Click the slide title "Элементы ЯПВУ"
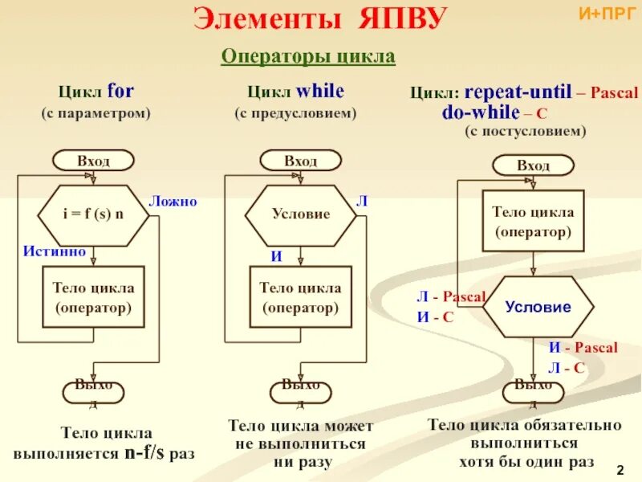pos(319,19)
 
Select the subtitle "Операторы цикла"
pos(308,57)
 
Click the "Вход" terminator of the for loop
pos(94,161)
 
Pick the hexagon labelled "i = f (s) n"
pos(94,214)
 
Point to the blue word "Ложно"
pos(173,201)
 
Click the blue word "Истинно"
pos(55,251)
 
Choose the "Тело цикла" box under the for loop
pos(93,296)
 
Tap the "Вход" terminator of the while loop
pos(301,161)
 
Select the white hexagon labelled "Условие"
pos(301,214)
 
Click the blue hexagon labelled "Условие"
pos(538,307)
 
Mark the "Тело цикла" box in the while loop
pos(301,296)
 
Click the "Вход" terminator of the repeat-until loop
pos(533,165)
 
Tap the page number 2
pos(620,468)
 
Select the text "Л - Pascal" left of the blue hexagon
pos(451,296)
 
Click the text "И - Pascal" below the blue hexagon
pos(583,348)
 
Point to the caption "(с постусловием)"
pos(526,130)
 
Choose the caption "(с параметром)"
pos(96,113)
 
